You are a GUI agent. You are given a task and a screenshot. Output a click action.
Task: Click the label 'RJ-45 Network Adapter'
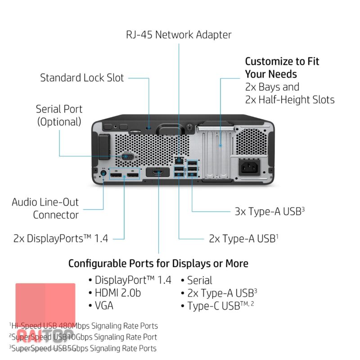pos(178,35)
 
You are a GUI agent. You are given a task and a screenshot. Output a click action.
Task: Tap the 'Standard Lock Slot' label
pos(82,77)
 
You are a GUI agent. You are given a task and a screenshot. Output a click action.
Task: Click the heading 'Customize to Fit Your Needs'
pos(282,67)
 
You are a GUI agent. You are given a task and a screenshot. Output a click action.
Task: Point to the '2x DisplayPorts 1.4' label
pos(61,238)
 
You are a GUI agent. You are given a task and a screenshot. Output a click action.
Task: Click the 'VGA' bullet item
pos(101,306)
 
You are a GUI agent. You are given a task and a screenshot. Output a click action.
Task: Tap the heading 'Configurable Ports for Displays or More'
pos(158,263)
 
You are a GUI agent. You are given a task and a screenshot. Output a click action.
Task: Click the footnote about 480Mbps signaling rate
pos(83,325)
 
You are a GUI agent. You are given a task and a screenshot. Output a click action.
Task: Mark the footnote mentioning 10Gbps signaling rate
pos(83,337)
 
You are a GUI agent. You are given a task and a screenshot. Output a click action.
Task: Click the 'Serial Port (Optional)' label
pos(59,115)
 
